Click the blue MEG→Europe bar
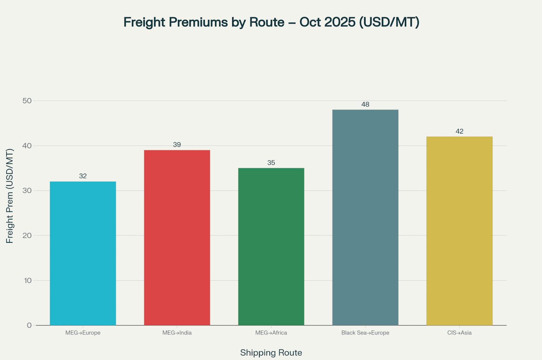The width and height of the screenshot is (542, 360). pos(83,253)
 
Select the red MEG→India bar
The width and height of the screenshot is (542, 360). pos(177,238)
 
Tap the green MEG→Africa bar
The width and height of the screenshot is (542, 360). pos(271,247)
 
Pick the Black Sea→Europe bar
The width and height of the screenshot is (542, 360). pos(365,217)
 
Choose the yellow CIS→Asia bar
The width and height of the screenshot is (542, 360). pos(459,231)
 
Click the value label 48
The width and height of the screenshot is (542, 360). pos(365,104)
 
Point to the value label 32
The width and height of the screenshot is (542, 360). pos(83,176)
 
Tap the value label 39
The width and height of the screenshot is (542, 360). pos(177,145)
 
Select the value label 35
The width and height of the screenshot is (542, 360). pos(271,163)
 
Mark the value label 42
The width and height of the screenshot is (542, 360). pos(459,131)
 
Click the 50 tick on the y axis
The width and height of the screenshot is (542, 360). pos(27,101)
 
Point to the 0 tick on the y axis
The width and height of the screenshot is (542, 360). pos(29,325)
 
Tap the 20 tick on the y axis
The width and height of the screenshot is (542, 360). pos(27,235)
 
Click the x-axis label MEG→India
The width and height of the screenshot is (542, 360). pos(177,333)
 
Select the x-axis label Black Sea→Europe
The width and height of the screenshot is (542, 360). pos(365,333)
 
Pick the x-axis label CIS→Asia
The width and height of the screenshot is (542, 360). pos(459,333)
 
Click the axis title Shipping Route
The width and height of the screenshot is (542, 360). pos(271,353)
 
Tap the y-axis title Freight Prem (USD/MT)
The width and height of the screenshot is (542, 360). pos(10,196)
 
